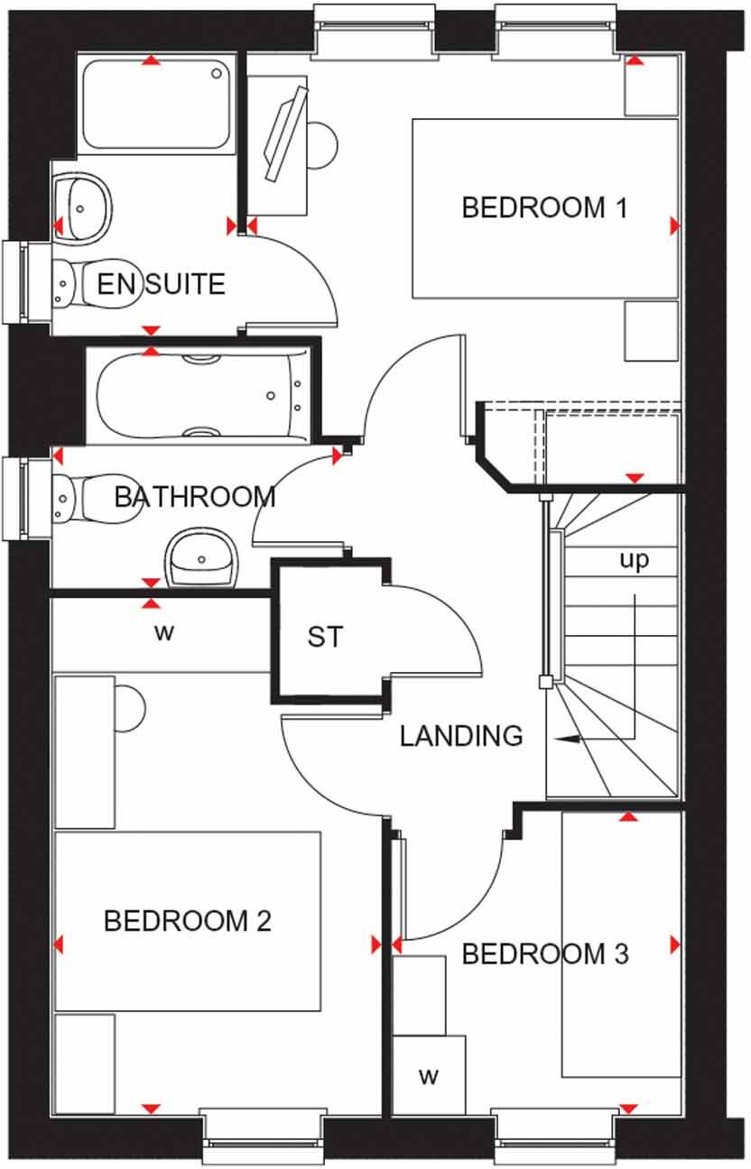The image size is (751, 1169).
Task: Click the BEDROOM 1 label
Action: click(x=543, y=208)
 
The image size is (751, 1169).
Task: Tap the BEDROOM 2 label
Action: click(x=187, y=921)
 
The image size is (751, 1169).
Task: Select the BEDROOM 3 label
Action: click(x=545, y=953)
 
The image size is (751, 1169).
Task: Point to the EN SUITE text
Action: click(x=161, y=285)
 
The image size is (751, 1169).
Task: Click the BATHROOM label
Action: click(x=194, y=496)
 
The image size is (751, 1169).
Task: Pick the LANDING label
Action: click(x=461, y=736)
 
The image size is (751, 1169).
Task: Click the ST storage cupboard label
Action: click(x=325, y=637)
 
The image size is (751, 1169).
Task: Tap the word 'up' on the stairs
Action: click(x=634, y=560)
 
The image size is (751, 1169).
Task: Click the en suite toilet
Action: click(x=72, y=283)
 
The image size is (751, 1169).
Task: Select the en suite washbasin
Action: click(x=83, y=207)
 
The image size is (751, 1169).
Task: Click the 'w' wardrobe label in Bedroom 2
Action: click(x=162, y=632)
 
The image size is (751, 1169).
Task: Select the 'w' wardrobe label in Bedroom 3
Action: click(x=428, y=1075)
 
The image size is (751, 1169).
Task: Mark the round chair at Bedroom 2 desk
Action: click(x=128, y=707)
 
